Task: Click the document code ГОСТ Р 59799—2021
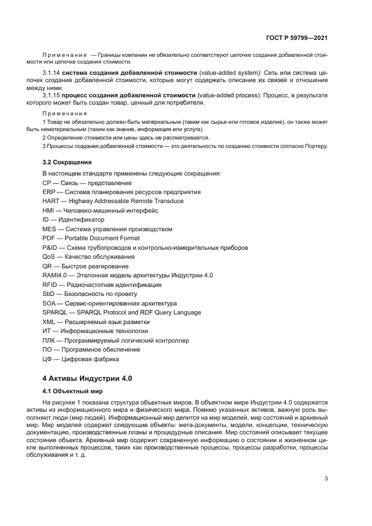[x=297, y=38]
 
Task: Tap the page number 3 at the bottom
[x=326, y=479]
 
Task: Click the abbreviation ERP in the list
[x=49, y=192]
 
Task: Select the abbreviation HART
[x=51, y=201]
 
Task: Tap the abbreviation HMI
[x=48, y=210]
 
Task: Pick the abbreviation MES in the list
[x=49, y=229]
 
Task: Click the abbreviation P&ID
[x=50, y=248]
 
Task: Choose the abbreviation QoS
[x=49, y=257]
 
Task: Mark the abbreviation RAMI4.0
[x=55, y=276]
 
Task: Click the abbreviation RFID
[x=50, y=285]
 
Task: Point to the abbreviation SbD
[x=49, y=294]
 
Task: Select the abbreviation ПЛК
[x=49, y=340]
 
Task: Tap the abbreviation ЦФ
[x=47, y=359]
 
